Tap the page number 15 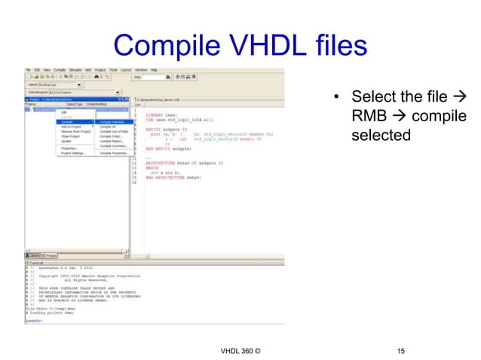pos(400,351)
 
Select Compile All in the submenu pos(108,127)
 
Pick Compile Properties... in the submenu pos(113,153)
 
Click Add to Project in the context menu pos(72,127)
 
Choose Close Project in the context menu pos(71,136)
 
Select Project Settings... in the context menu pos(73,153)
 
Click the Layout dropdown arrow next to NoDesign pos(78,84)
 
